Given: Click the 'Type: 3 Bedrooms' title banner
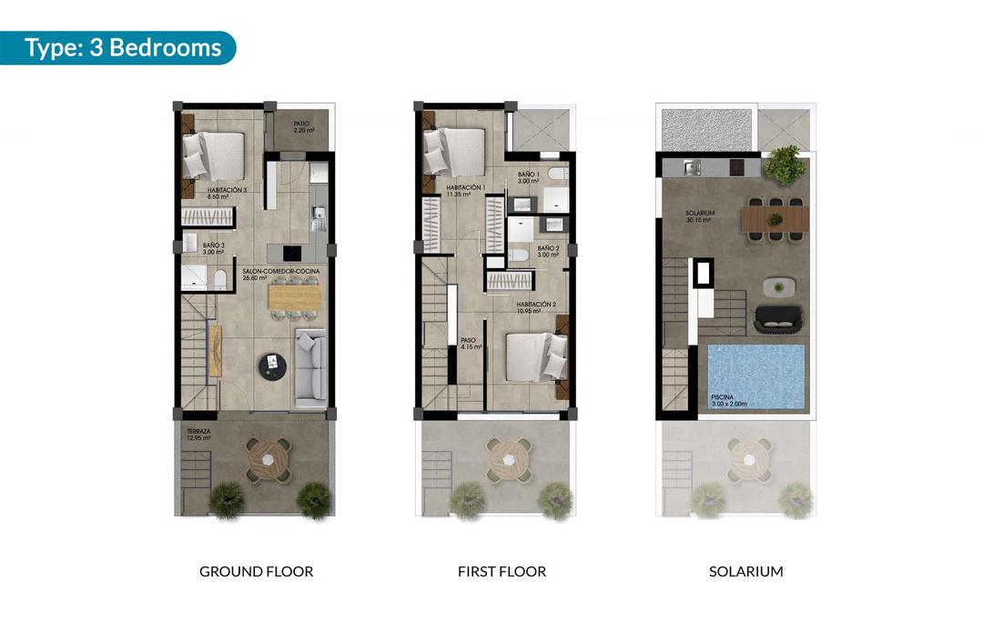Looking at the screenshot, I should tap(122, 47).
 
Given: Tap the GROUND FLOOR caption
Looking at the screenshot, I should tap(256, 572).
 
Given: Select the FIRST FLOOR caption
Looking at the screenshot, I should tap(502, 572).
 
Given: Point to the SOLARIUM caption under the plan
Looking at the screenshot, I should tap(745, 572).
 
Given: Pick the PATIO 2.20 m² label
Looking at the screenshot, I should tap(304, 127).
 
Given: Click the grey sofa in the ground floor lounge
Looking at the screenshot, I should tap(310, 366).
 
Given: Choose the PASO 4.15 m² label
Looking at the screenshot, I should tap(471, 344).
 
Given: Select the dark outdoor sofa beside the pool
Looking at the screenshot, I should tap(778, 317).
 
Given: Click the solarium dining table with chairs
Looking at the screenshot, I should tap(775, 219).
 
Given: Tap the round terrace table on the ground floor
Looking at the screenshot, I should tap(269, 459).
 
